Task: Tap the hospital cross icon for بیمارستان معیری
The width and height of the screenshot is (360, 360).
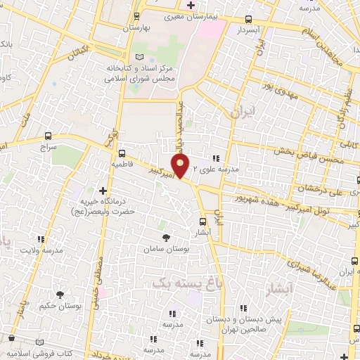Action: (x=190, y=5)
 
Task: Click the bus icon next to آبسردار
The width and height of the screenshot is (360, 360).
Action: (x=247, y=20)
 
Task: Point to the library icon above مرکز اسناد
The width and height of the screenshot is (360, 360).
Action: (x=139, y=56)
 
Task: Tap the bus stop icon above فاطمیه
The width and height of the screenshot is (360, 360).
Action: (x=122, y=153)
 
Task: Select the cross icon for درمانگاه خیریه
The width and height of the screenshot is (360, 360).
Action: (x=103, y=191)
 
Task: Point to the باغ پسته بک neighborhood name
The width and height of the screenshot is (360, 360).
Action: (x=173, y=282)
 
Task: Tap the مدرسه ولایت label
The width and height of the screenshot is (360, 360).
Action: (x=41, y=250)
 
